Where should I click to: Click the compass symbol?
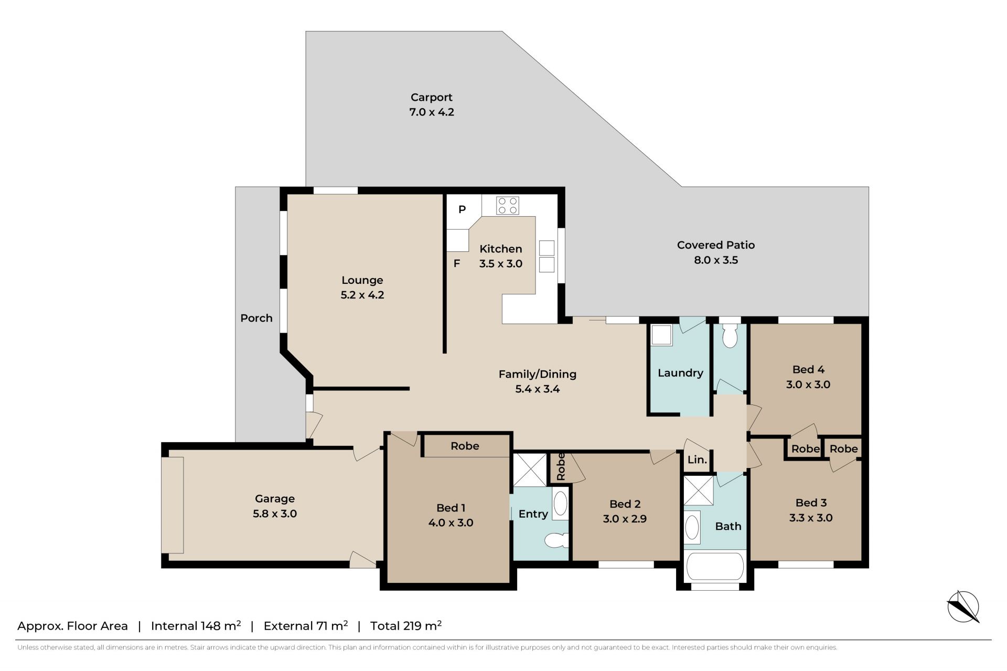click(x=963, y=607)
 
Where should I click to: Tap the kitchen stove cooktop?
click(x=508, y=205)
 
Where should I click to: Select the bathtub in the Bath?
click(x=715, y=566)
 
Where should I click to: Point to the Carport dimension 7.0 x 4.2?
click(x=432, y=112)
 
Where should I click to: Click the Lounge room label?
click(x=362, y=280)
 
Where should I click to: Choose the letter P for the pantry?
click(x=462, y=209)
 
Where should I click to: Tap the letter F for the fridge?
click(x=457, y=263)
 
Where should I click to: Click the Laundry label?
click(x=680, y=373)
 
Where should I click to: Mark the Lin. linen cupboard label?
click(x=697, y=460)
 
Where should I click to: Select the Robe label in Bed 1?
click(x=465, y=446)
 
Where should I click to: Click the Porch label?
click(x=256, y=318)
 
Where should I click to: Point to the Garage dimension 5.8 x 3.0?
click(x=275, y=514)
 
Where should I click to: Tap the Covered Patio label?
click(x=716, y=245)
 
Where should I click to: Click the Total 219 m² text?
click(x=406, y=625)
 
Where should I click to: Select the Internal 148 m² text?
click(x=196, y=625)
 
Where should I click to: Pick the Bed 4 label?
click(x=808, y=369)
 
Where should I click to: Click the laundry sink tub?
click(x=661, y=335)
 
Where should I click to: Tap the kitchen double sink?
click(x=547, y=256)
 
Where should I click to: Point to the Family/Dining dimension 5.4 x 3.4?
click(x=538, y=389)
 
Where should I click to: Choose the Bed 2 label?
click(x=625, y=504)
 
